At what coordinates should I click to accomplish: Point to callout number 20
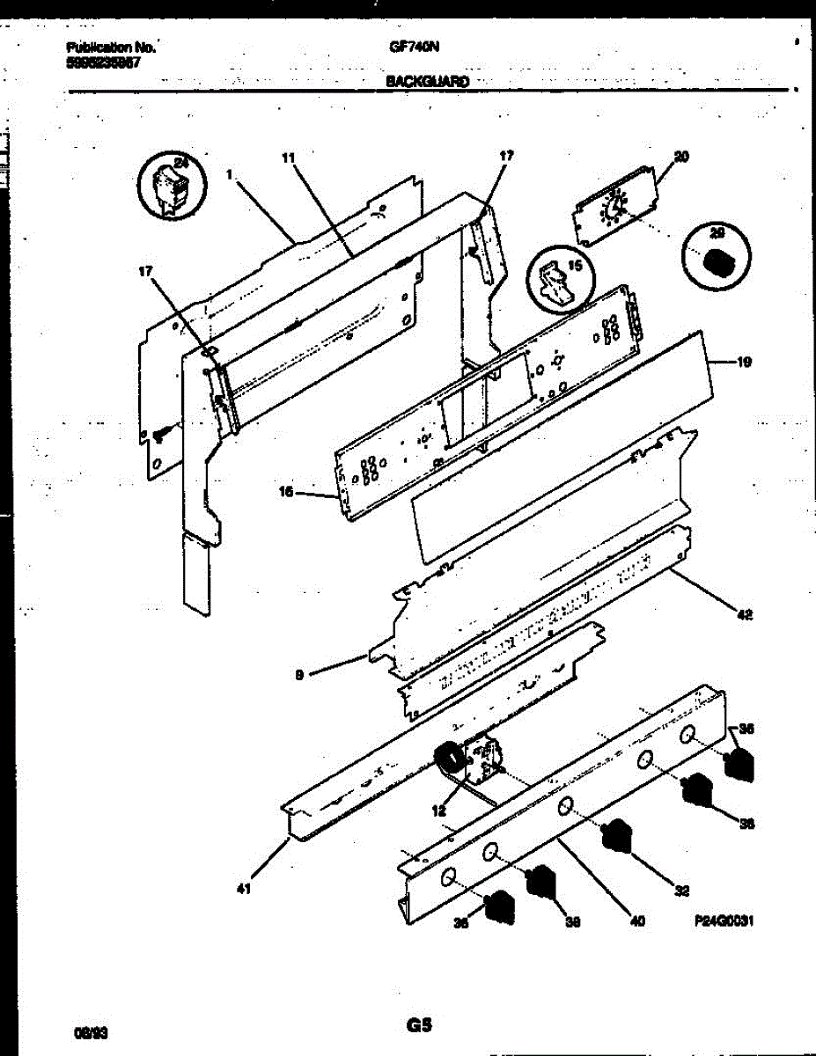[x=680, y=157]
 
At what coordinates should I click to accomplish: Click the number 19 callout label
[x=743, y=361]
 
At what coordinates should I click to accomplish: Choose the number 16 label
[x=285, y=494]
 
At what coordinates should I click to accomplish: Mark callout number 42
[x=745, y=615]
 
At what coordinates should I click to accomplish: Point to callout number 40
[x=638, y=921]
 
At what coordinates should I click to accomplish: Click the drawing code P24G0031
[x=725, y=920]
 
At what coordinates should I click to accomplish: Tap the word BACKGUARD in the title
[x=427, y=81]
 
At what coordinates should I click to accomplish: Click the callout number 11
[x=288, y=158]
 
